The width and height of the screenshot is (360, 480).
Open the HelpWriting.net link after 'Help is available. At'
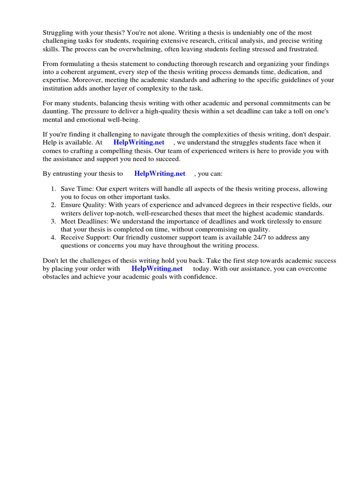tap(139, 142)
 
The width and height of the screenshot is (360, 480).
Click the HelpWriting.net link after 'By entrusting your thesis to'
tap(160, 173)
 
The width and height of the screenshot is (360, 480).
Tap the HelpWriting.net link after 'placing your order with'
tap(157, 269)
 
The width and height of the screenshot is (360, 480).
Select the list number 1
tap(53, 189)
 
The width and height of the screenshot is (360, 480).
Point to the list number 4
tap(53, 238)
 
